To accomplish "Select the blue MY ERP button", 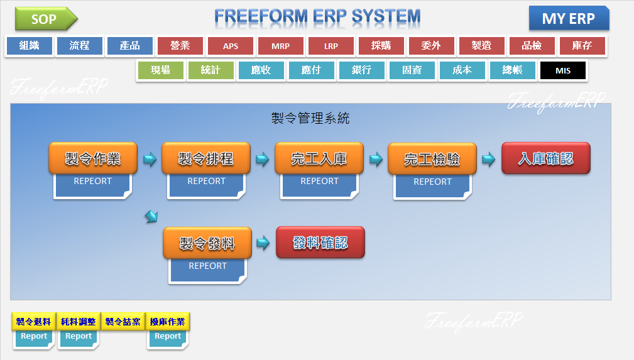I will (x=568, y=18).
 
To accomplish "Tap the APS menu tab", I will (x=230, y=46).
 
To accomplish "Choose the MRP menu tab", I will (x=280, y=46).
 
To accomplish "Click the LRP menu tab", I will (x=331, y=46).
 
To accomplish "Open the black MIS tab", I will (x=562, y=70).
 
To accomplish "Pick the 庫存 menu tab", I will (x=582, y=46).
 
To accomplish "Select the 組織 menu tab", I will (x=29, y=46).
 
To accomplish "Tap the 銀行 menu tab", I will (x=361, y=70).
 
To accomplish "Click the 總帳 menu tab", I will (x=512, y=70).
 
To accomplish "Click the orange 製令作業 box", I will (x=93, y=158).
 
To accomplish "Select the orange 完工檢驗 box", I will (x=432, y=159).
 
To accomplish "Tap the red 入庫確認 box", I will (x=545, y=158).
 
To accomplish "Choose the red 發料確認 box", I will (x=320, y=243).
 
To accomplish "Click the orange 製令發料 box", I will (x=207, y=243).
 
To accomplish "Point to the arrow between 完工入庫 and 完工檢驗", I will (x=376, y=159).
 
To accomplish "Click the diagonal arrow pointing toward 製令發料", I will (x=151, y=217).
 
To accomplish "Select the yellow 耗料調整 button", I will (x=79, y=322).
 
